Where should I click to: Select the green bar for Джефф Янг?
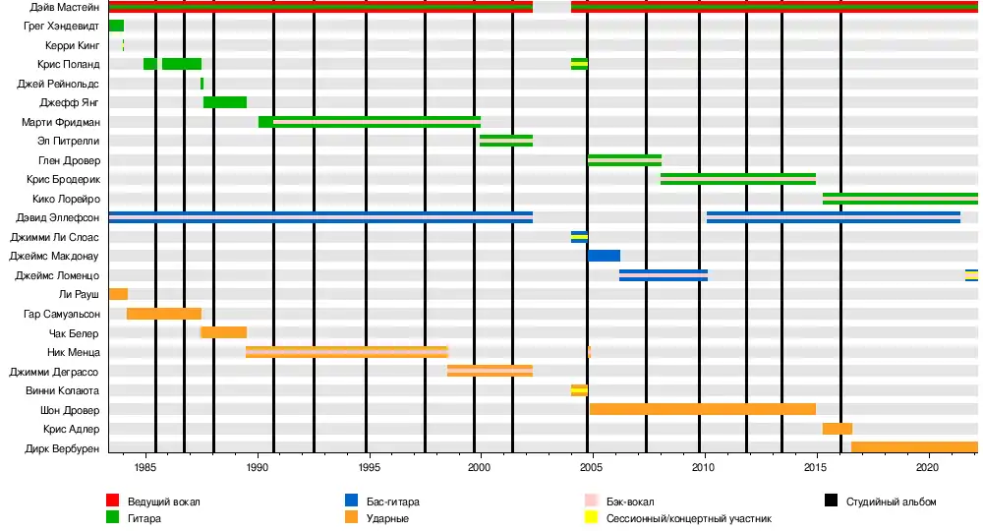225,102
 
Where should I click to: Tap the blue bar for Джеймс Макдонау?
604,256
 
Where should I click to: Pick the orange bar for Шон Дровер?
702,409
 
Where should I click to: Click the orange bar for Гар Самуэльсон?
163,314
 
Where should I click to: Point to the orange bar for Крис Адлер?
837,429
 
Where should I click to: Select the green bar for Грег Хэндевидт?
116,26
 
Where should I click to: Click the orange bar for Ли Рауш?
118,294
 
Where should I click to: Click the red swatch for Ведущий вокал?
112,501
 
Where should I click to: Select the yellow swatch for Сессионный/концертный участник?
591,517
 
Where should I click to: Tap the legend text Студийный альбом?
891,501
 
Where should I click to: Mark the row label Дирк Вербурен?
61,448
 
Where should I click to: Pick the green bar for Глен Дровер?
624,160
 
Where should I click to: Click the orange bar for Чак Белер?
223,332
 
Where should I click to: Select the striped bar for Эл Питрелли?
506,141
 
